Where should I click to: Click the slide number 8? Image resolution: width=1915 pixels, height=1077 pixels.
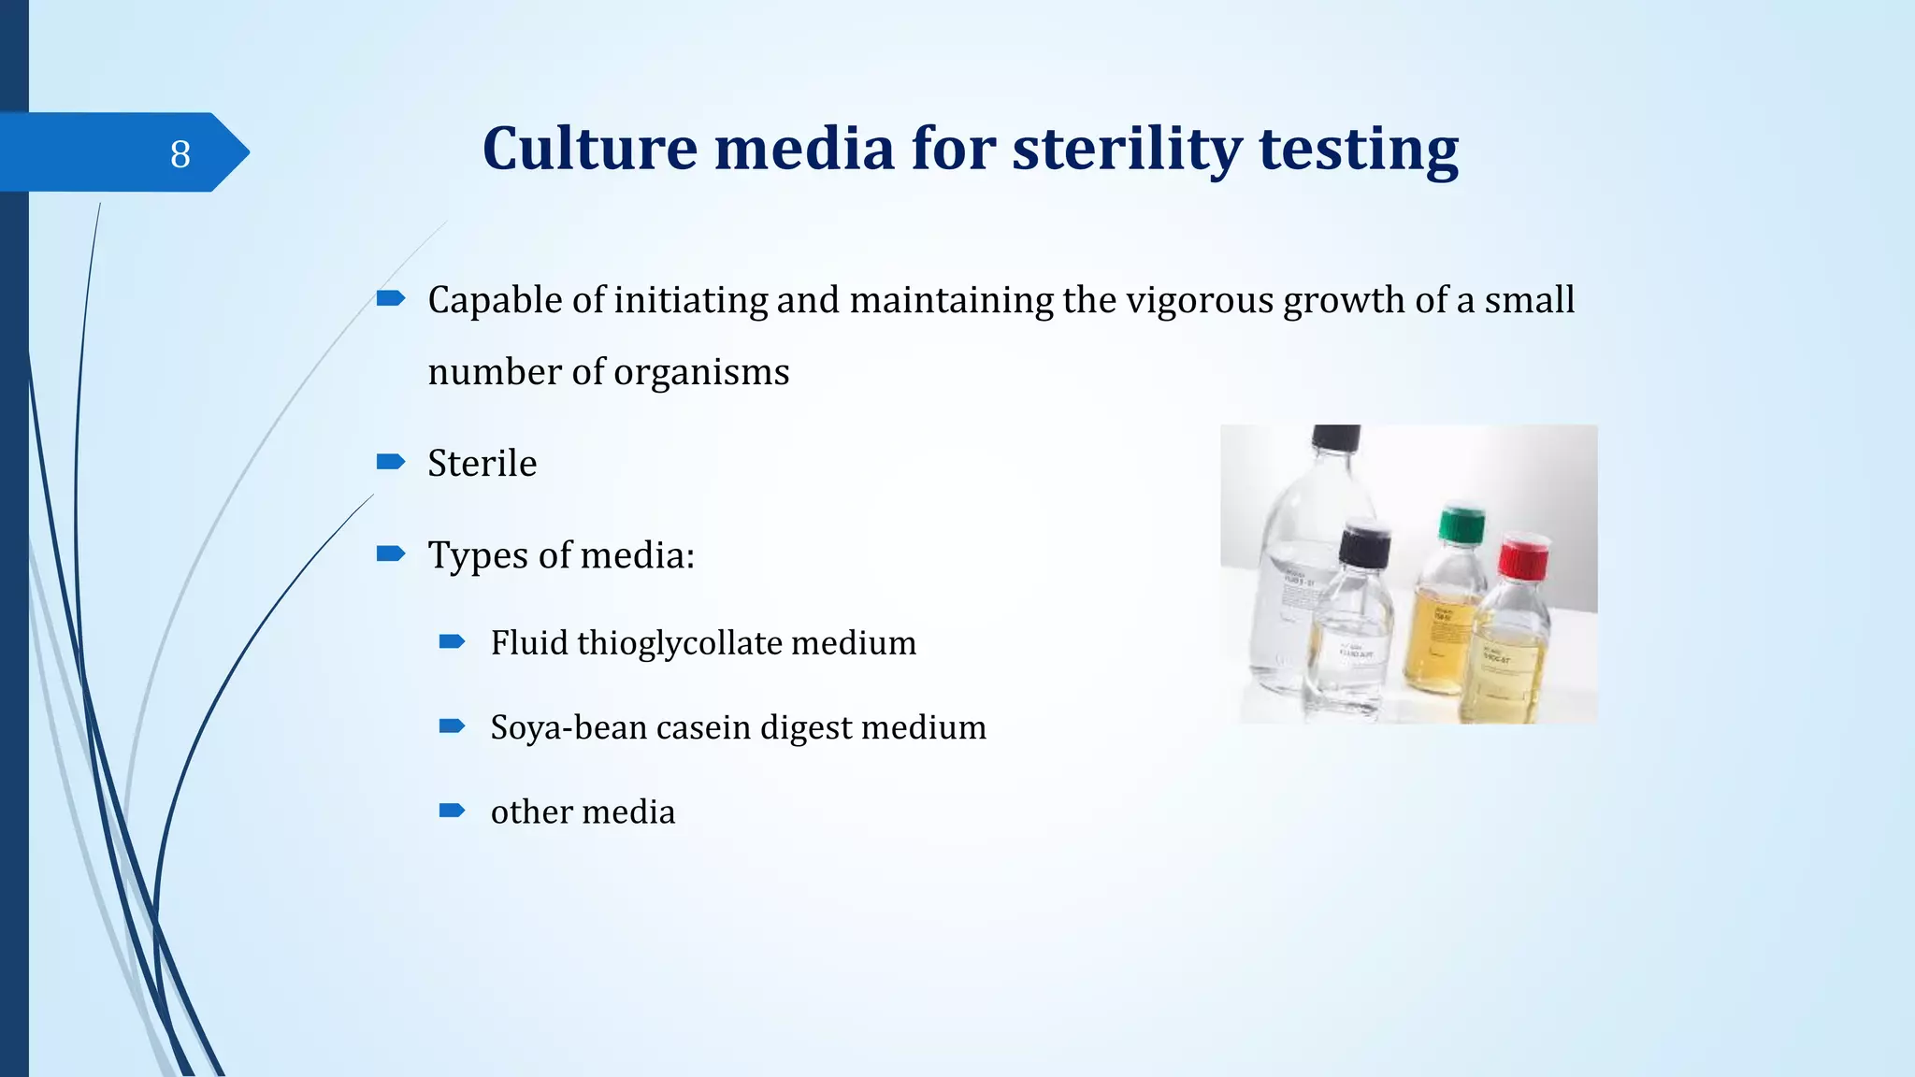tap(180, 153)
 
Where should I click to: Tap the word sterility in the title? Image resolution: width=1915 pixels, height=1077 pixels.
tap(1127, 149)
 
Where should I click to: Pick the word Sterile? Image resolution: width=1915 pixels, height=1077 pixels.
tap(482, 464)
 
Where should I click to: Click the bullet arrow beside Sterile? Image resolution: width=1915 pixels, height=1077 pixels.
tap(390, 462)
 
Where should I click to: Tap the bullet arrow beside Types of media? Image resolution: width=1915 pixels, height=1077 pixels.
tap(390, 553)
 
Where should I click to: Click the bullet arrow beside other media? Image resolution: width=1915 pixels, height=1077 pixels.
tap(452, 810)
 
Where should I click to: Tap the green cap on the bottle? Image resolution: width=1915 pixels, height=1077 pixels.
tap(1461, 524)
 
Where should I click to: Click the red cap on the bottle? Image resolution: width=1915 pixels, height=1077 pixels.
tap(1523, 554)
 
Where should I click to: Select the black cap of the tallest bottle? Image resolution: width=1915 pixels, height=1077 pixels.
tap(1335, 438)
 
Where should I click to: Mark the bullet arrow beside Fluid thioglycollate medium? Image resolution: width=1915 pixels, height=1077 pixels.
tap(452, 641)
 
